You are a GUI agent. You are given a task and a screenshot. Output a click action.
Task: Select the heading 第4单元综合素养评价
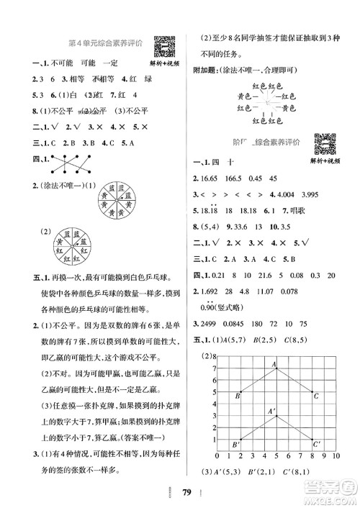[109, 43]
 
